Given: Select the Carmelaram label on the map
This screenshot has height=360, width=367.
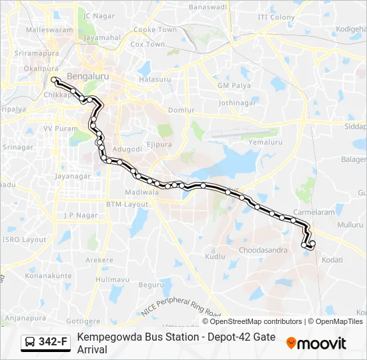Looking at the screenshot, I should [314, 212].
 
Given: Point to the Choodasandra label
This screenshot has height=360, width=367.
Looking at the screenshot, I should [263, 250].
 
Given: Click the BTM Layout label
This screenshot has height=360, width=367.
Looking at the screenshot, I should [127, 204].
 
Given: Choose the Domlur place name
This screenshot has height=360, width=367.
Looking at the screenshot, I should [181, 110].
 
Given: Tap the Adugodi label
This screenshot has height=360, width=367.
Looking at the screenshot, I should [127, 149].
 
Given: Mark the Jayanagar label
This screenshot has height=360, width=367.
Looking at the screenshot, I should [72, 176].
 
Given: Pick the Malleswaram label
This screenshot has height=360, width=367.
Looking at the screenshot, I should [49, 30].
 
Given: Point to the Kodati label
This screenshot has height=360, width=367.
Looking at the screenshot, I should [332, 259].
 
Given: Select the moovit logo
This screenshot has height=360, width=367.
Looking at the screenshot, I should [316, 343].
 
